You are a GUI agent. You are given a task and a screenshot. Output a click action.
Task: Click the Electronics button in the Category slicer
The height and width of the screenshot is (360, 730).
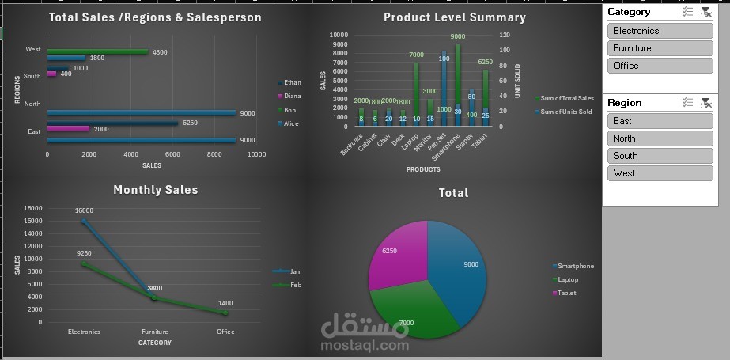pyautogui.click(x=660, y=31)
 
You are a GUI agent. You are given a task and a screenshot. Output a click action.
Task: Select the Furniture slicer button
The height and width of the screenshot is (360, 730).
pyautogui.click(x=660, y=48)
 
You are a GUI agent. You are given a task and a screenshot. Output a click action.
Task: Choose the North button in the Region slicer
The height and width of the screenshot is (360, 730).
pyautogui.click(x=660, y=138)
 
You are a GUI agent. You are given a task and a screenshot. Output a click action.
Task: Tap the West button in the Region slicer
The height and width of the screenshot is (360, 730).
pyautogui.click(x=660, y=173)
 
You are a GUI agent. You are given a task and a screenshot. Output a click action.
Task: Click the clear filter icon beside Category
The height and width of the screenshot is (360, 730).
pyautogui.click(x=706, y=12)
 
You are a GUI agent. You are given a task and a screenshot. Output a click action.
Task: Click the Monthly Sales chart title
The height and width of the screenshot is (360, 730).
pyautogui.click(x=155, y=190)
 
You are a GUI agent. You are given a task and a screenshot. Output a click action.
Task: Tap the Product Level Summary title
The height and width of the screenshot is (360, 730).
pyautogui.click(x=454, y=17)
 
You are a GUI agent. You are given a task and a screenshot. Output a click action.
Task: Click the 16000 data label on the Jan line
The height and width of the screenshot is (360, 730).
pyautogui.click(x=85, y=210)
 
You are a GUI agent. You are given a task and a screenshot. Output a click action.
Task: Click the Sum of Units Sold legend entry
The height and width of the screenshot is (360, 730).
pyautogui.click(x=565, y=112)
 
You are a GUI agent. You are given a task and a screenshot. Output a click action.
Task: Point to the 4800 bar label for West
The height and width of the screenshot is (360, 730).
pyautogui.click(x=160, y=52)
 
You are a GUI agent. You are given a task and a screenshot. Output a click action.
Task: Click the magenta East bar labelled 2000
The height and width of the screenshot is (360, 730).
pyautogui.click(x=68, y=129)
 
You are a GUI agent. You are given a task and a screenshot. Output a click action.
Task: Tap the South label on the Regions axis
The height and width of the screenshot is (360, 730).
pyautogui.click(x=32, y=77)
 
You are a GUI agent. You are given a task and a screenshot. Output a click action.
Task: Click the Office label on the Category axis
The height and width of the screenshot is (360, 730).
pyautogui.click(x=225, y=332)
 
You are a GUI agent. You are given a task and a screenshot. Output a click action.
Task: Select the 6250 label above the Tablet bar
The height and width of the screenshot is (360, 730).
pyautogui.click(x=486, y=62)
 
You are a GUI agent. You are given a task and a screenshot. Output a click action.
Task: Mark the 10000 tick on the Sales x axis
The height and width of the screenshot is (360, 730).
pyautogui.click(x=256, y=154)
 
